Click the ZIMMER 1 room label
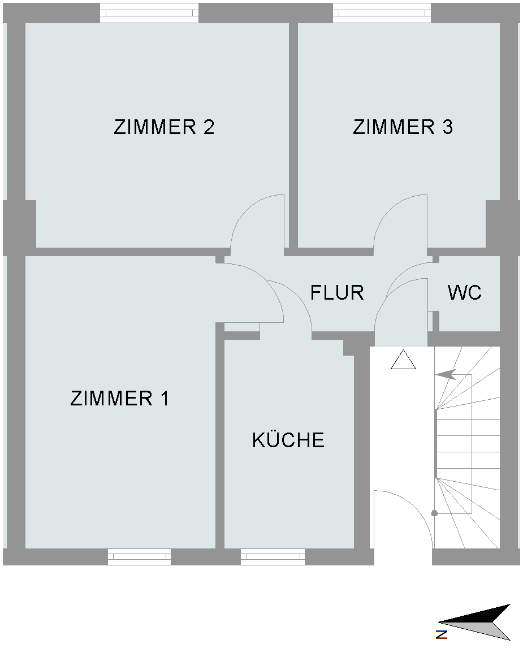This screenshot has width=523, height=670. [120, 398]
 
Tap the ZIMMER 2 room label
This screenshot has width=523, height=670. [164, 127]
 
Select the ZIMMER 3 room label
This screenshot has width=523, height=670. [403, 127]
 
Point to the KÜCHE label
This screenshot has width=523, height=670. [288, 439]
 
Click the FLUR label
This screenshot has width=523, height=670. [337, 293]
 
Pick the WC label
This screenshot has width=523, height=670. [464, 293]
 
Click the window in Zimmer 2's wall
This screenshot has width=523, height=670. [149, 13]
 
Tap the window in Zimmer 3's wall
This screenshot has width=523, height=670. [382, 13]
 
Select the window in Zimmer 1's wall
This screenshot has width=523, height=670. [139, 557]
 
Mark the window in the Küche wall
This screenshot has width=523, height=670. [273, 557]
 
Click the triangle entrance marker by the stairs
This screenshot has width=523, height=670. [403, 360]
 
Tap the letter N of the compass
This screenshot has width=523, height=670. [442, 634]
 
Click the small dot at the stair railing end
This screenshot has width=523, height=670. [435, 513]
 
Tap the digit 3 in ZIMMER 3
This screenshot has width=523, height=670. [448, 127]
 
